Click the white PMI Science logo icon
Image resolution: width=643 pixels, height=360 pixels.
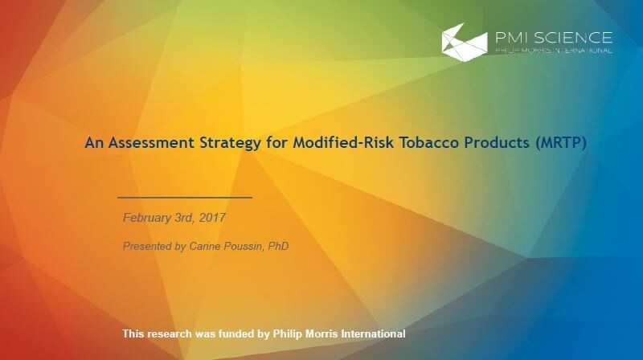(x=465, y=43)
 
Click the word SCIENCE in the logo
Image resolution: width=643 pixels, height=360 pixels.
(x=573, y=38)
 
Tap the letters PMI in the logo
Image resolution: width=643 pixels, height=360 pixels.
(x=513, y=38)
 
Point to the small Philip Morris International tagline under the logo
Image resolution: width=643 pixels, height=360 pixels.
(x=554, y=51)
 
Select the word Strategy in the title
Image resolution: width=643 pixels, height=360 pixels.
(x=230, y=144)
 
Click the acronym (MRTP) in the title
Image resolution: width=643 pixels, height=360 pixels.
(x=560, y=143)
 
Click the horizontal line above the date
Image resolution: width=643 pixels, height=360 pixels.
(x=185, y=198)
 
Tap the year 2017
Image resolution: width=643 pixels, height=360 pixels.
(x=212, y=218)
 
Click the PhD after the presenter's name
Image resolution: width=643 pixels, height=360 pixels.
(x=278, y=246)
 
